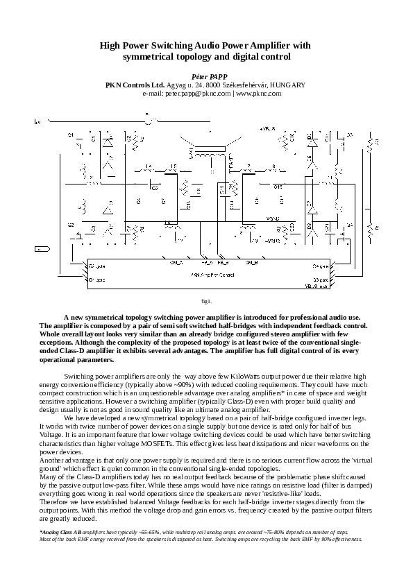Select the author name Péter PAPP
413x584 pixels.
pyautogui.click(x=205, y=74)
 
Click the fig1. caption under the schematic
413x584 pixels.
pyautogui.click(x=206, y=301)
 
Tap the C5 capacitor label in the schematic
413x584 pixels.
pyautogui.click(x=154, y=187)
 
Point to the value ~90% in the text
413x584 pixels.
pyautogui.click(x=183, y=384)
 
